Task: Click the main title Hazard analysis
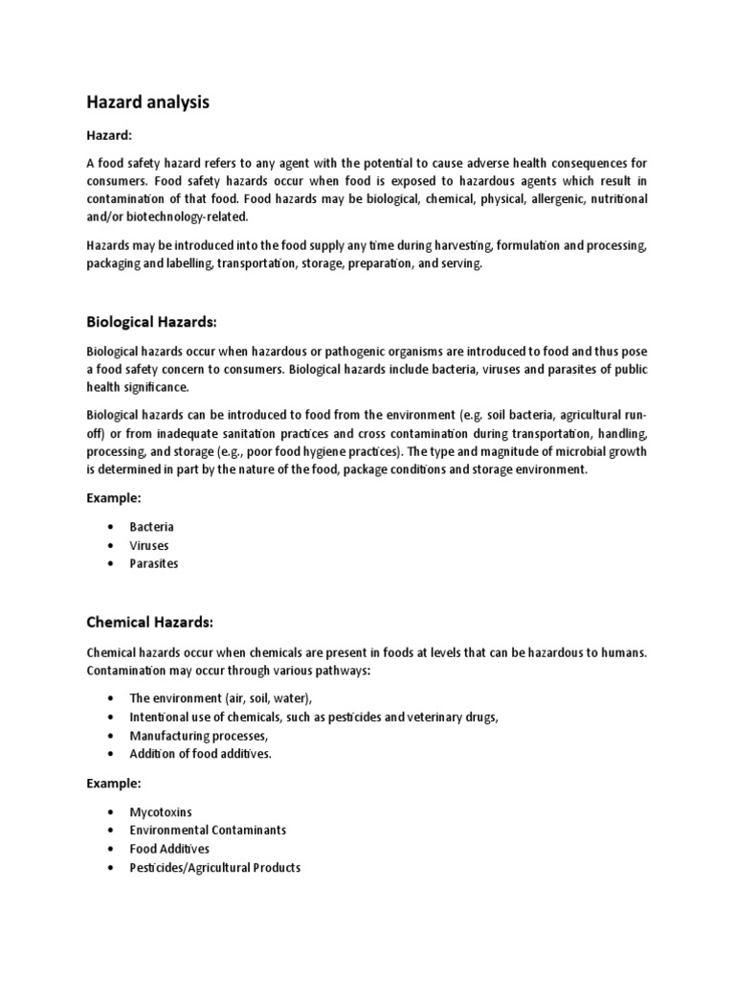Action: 147,103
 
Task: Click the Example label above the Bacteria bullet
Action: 113,499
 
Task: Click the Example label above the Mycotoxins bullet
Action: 113,783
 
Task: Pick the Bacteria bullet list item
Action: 151,527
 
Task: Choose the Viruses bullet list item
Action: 149,545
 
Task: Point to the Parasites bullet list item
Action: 154,563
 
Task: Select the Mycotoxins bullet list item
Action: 161,811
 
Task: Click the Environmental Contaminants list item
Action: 208,830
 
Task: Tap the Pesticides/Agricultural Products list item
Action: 214,867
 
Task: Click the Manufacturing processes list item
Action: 199,735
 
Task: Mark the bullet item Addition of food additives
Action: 201,753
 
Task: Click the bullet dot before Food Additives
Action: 112,849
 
